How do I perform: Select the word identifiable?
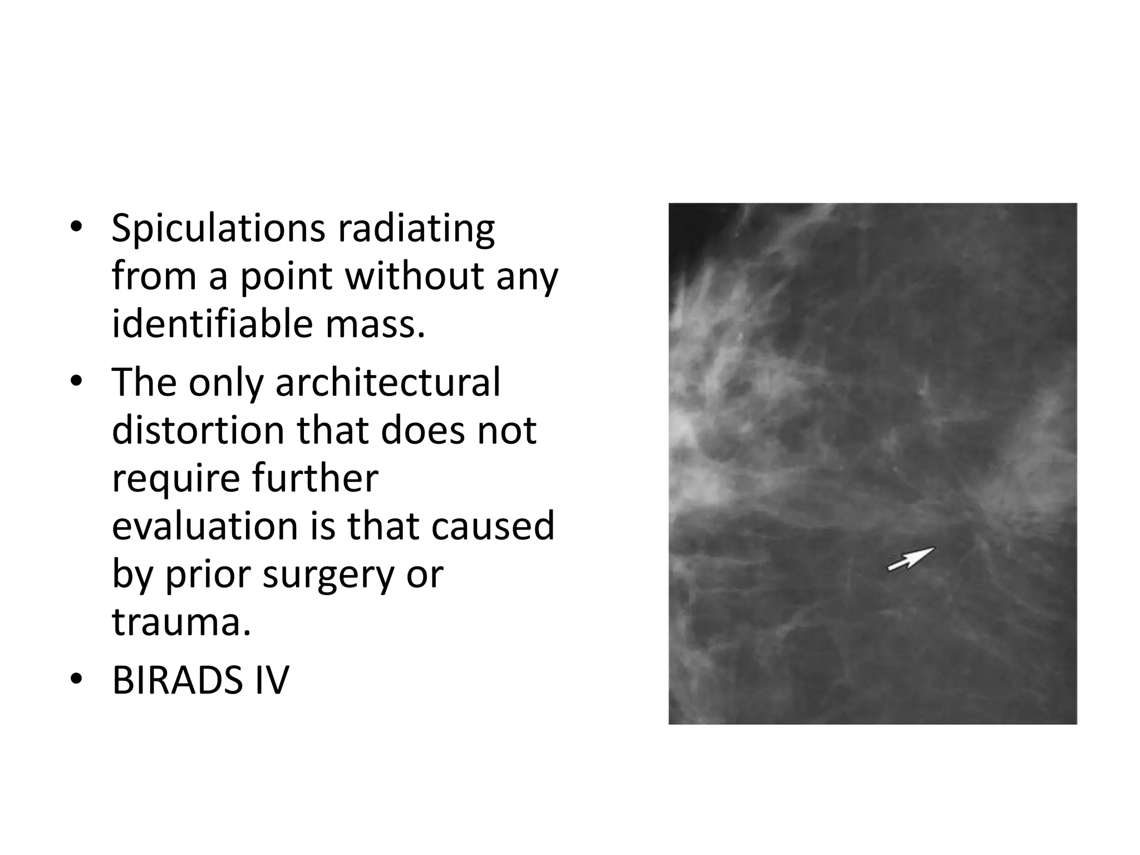click(x=212, y=324)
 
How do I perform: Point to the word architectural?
click(x=388, y=383)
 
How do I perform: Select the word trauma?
click(x=181, y=622)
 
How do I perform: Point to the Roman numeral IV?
click(x=272, y=680)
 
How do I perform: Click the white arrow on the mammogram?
click(x=911, y=558)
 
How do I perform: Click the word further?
click(x=315, y=478)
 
